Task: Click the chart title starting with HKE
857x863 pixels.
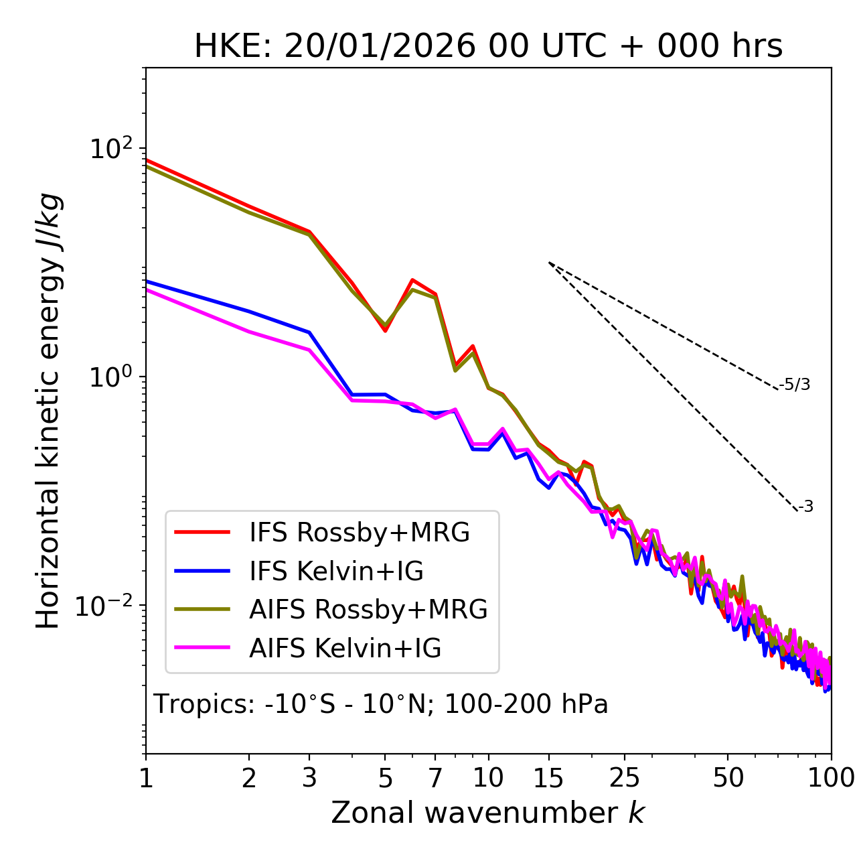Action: coord(488,47)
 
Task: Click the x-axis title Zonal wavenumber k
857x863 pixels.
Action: coord(488,813)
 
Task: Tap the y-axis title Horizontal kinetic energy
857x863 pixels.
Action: coord(49,411)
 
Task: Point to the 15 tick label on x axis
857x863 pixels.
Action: coord(548,778)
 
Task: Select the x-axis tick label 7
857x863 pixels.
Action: coord(435,778)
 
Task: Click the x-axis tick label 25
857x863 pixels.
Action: coord(625,778)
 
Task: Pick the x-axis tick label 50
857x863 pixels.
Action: coord(728,778)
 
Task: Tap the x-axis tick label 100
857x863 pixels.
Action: coord(831,778)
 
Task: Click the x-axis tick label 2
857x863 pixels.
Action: coord(249,778)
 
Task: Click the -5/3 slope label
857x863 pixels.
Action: coord(795,385)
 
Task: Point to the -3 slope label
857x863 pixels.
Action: coord(805,507)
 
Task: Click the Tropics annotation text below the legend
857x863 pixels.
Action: coord(381,704)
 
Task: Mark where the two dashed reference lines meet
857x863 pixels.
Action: coord(549,262)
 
